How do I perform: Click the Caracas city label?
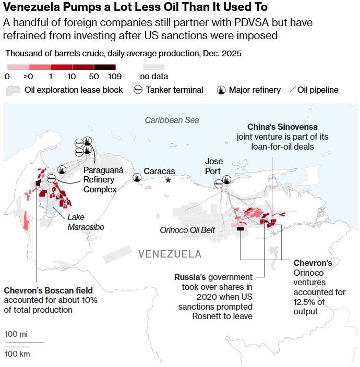coord(159,171)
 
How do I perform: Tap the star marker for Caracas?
coord(168,180)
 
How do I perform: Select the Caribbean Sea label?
coord(172,120)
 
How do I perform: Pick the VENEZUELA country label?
coord(170,254)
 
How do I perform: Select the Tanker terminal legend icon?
coord(138,90)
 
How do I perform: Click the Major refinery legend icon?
coord(222,90)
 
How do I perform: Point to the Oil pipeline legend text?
coord(318,90)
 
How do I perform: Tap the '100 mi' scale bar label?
coord(16,334)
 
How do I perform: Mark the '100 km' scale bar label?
coord(17,354)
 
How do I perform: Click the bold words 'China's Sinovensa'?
coord(282,127)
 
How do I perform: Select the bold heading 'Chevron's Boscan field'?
coord(49,290)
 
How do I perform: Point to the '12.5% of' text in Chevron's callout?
coord(309,302)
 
